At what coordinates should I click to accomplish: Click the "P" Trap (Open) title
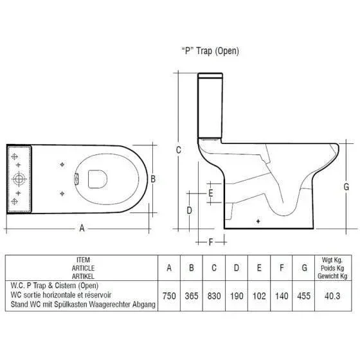click(x=210, y=51)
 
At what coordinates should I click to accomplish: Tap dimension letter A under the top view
click(x=82, y=228)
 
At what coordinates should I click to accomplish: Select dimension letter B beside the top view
click(x=153, y=179)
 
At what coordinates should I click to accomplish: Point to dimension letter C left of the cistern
click(x=179, y=150)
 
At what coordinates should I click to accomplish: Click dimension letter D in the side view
click(x=189, y=210)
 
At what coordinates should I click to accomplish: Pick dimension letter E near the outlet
click(x=211, y=193)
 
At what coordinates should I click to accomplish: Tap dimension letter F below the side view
click(x=211, y=242)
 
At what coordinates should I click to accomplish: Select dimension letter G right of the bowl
click(x=346, y=186)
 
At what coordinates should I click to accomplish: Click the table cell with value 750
click(x=169, y=296)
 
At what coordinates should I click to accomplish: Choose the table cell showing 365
click(x=192, y=296)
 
